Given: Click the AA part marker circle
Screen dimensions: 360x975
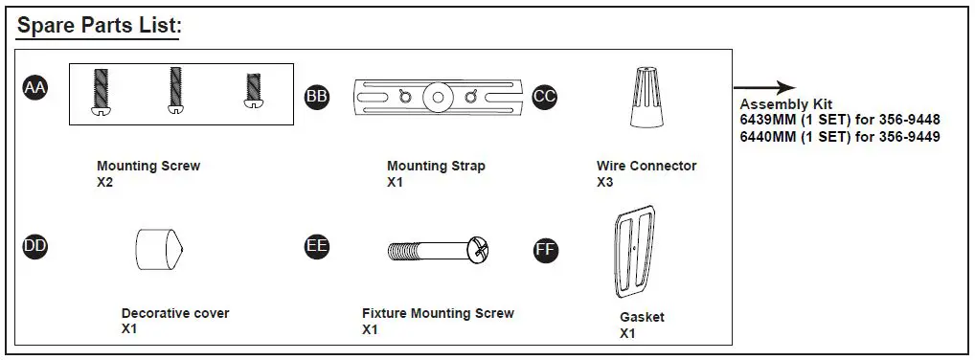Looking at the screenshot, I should pyautogui.click(x=34, y=89).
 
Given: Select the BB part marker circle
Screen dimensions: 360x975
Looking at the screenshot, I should pyautogui.click(x=316, y=97).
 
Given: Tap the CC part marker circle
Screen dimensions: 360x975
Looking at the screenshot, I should pyautogui.click(x=545, y=97).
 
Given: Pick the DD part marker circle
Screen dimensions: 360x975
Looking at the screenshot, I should pyautogui.click(x=34, y=246).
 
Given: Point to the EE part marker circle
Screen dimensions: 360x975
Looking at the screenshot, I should pyautogui.click(x=316, y=246).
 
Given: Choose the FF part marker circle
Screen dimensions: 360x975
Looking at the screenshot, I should pyautogui.click(x=545, y=250).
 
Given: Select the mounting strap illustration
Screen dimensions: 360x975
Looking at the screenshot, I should pyautogui.click(x=437, y=97).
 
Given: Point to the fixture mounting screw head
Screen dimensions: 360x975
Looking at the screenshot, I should pyautogui.click(x=479, y=251).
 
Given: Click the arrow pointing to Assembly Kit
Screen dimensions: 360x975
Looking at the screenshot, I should pyautogui.click(x=766, y=86).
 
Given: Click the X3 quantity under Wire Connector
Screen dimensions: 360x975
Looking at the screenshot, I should pyautogui.click(x=605, y=182).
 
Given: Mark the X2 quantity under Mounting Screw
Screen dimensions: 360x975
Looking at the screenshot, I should pyautogui.click(x=105, y=182).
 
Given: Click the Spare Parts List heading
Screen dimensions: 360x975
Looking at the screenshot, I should pyautogui.click(x=100, y=26).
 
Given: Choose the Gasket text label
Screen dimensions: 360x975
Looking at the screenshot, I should pyautogui.click(x=642, y=317).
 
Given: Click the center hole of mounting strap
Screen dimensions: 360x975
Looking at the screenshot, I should pyautogui.click(x=438, y=97).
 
